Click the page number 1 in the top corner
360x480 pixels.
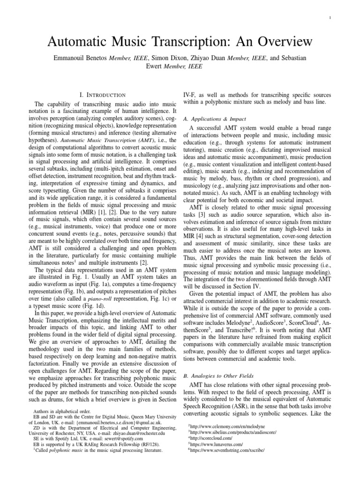(x=330, y=18)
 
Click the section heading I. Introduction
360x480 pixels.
(x=103, y=95)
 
